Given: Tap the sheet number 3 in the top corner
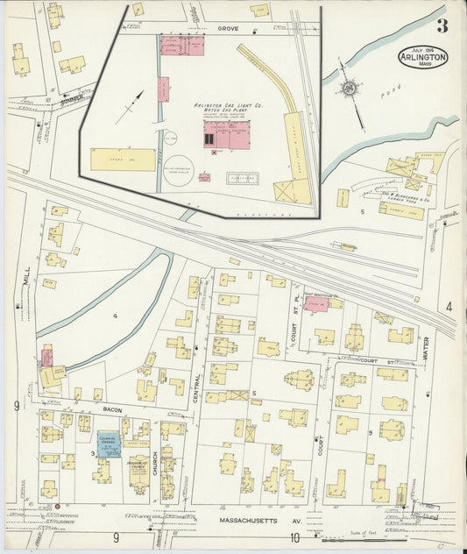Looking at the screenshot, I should click(x=442, y=25).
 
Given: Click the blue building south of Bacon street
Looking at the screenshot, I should click(x=108, y=442).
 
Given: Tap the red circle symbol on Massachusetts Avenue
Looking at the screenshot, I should click(x=57, y=507).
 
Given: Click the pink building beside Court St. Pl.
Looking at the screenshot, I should click(x=316, y=305).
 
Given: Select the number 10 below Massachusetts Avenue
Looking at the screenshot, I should click(x=295, y=537).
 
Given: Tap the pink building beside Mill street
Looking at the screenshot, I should click(x=46, y=357).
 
